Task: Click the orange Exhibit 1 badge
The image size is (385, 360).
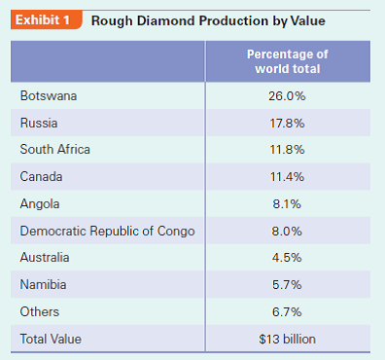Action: (x=46, y=20)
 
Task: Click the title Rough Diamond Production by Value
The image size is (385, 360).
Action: (x=208, y=20)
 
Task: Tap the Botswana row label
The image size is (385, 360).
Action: (x=49, y=96)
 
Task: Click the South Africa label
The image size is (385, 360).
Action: (x=54, y=150)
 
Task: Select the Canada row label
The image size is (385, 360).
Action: (x=42, y=177)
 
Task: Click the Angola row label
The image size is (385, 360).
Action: (x=40, y=204)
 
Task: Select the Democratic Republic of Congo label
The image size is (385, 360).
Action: (x=107, y=232)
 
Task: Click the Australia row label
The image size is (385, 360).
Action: (x=46, y=258)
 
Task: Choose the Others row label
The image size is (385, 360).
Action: (x=40, y=312)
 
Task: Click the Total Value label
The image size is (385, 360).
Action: (x=52, y=340)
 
